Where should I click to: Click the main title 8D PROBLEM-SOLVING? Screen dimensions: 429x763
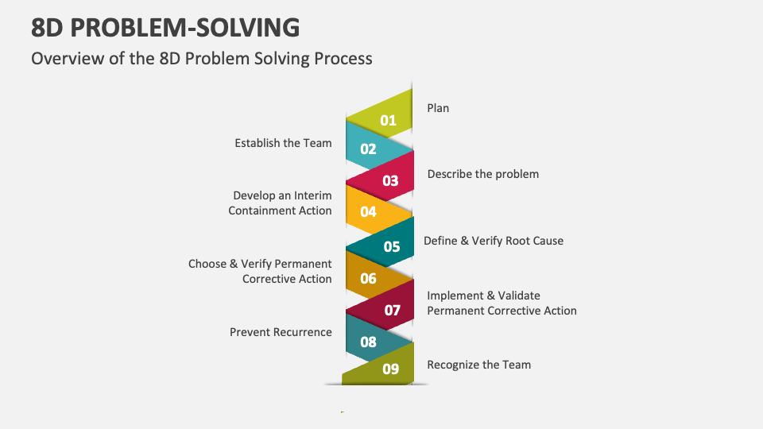165,27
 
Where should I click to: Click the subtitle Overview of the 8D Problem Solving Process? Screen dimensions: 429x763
201,58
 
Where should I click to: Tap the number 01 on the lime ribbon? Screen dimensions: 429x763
388,121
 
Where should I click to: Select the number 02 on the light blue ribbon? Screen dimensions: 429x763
368,149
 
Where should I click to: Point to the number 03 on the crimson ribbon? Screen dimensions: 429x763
390,180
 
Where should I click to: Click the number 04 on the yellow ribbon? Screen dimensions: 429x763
368,211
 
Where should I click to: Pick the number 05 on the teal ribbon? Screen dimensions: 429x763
392,246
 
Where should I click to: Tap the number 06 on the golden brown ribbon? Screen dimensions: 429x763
368,278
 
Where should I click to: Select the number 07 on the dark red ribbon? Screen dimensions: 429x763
393,310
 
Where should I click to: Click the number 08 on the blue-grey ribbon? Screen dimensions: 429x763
368,342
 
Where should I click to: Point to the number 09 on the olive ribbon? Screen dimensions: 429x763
390,369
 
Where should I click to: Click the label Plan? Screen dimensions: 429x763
438,108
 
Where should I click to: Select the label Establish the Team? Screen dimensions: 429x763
283,143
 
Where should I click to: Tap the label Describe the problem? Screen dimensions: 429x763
482,174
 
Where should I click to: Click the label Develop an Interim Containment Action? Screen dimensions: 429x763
281,203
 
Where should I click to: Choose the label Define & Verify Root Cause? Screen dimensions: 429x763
493,241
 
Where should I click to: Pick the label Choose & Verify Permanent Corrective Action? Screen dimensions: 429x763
260,271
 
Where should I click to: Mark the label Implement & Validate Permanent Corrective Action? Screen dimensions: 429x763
502,303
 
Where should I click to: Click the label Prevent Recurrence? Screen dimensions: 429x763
281,332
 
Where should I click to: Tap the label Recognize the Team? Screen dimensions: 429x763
478,365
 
